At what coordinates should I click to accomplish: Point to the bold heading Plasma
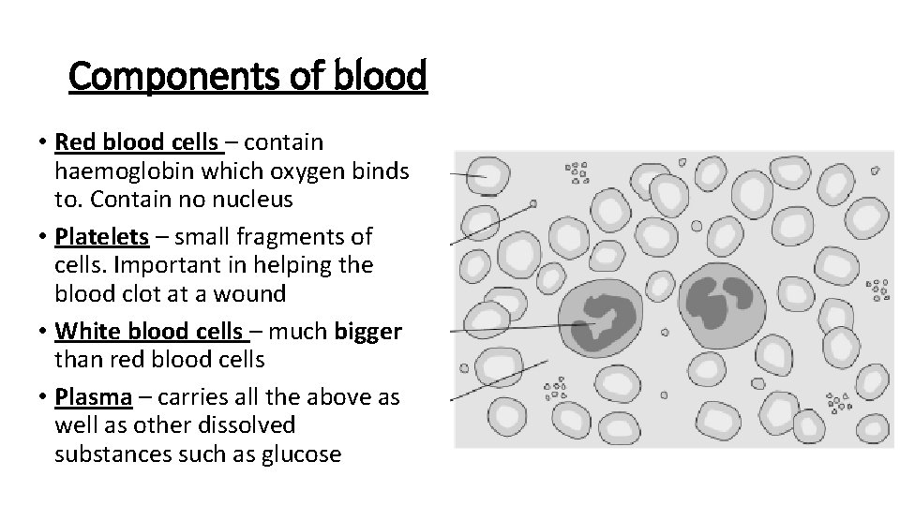tap(94, 397)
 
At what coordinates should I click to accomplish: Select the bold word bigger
tap(367, 331)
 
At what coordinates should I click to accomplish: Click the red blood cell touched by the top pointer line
tap(490, 174)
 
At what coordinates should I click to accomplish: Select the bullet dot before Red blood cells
tap(45, 143)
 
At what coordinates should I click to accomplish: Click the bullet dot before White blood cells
tap(45, 333)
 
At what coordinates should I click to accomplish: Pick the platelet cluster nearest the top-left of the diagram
tap(577, 172)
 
